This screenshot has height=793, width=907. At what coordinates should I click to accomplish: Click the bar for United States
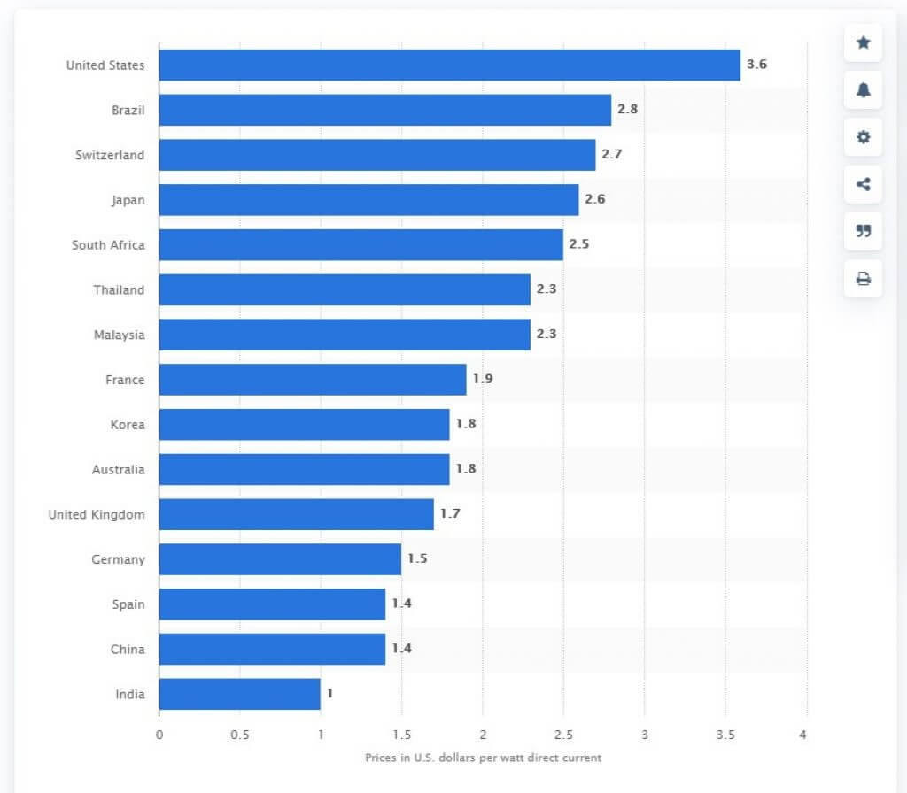click(x=449, y=65)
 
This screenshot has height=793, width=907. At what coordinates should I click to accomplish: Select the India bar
click(x=239, y=694)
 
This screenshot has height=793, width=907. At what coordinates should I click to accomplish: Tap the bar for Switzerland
click(x=376, y=155)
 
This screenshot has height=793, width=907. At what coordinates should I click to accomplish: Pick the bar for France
click(x=312, y=379)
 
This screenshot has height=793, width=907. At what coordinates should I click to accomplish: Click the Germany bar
click(x=280, y=559)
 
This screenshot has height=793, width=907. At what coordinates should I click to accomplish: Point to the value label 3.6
click(x=756, y=65)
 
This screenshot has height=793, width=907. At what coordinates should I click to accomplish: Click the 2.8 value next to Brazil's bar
click(x=627, y=110)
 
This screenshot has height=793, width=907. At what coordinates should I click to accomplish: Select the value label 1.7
click(x=450, y=513)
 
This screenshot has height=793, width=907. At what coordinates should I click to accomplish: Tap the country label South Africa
click(x=108, y=244)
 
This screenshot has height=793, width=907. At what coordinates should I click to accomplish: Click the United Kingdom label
click(x=97, y=514)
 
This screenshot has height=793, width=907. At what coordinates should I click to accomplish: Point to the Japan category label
click(x=128, y=200)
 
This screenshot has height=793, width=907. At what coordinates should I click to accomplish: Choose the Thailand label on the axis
click(x=119, y=289)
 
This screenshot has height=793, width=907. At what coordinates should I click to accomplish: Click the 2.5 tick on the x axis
click(x=562, y=735)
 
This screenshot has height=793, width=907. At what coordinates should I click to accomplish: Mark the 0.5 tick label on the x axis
click(x=239, y=735)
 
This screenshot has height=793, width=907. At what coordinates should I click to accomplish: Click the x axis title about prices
click(x=483, y=758)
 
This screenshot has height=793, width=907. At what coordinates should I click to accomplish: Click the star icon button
click(x=863, y=42)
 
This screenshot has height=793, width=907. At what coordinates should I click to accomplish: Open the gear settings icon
click(x=863, y=137)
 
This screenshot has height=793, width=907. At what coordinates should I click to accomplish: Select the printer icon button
click(x=863, y=279)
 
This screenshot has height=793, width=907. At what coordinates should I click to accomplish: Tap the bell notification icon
click(x=863, y=89)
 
